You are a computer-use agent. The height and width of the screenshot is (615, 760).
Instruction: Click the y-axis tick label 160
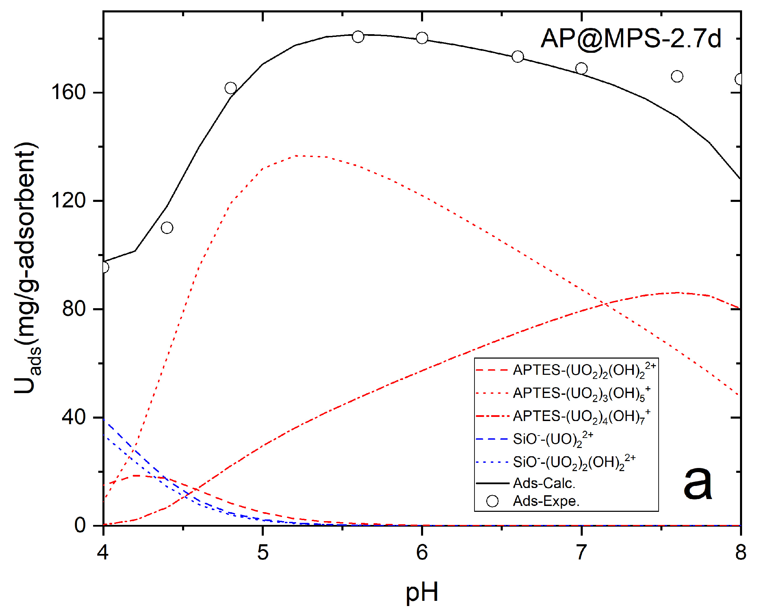coord(69,92)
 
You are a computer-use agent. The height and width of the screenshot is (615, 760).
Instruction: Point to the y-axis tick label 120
coord(69,201)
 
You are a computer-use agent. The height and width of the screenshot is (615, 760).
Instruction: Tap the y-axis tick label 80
coord(74,309)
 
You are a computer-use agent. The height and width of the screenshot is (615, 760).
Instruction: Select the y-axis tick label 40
coord(74,417)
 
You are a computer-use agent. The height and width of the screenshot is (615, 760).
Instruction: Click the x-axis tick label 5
coord(263,553)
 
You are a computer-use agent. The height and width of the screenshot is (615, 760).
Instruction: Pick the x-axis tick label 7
coord(581,553)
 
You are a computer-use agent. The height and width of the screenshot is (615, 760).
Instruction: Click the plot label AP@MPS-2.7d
coord(630,38)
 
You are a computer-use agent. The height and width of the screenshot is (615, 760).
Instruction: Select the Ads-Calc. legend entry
coord(544,483)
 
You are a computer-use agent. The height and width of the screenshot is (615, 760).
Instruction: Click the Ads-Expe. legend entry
coord(546,501)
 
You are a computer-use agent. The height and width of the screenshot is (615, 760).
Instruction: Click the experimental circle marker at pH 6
coord(422,38)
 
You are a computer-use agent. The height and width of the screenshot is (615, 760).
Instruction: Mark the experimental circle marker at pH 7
coord(581,68)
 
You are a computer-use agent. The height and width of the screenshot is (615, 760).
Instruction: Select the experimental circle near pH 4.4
coord(167,227)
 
